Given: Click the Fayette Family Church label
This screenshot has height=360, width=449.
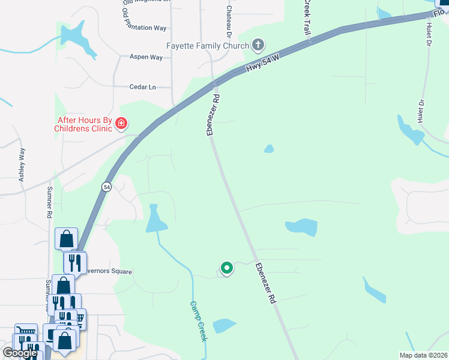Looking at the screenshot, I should pos(207,46).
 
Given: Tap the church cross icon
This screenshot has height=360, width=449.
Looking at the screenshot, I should pos(258,44).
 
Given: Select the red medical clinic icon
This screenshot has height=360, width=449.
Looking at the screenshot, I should pos(121,124).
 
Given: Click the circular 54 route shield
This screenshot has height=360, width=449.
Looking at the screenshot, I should pos(106,187).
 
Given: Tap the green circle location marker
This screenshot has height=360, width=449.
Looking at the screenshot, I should pos(226,268).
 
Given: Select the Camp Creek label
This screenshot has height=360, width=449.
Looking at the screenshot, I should pos(199,321).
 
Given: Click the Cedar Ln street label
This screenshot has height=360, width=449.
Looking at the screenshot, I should pos(142,87).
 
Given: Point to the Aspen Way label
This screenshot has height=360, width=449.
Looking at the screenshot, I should pos(146,57).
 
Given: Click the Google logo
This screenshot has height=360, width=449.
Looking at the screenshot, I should pos(20,353).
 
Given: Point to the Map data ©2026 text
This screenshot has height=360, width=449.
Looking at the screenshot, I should pos(423,355).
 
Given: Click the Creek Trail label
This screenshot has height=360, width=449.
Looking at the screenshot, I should pos(306,16).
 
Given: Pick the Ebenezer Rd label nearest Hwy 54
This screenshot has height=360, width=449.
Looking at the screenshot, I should pos(213,114).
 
